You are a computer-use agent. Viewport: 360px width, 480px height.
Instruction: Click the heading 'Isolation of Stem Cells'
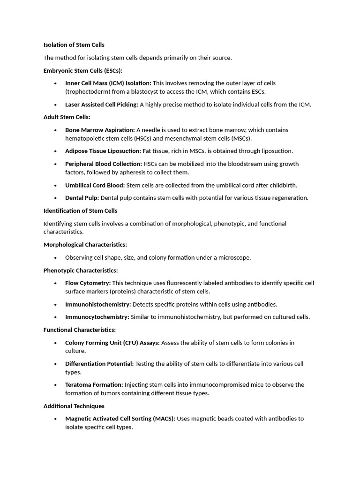tap(74, 45)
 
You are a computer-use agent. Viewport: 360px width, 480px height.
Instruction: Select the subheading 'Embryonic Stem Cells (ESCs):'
tap(82, 70)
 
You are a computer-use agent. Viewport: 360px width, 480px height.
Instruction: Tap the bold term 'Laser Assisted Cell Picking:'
tap(101, 105)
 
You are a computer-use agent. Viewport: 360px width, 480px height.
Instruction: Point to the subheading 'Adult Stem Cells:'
tap(67, 117)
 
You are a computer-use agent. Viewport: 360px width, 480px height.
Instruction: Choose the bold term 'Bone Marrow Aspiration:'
tap(99, 130)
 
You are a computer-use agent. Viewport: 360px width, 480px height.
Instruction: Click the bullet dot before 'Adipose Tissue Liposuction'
tap(55, 151)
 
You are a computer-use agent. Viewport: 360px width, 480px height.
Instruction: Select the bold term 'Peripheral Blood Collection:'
tap(103, 164)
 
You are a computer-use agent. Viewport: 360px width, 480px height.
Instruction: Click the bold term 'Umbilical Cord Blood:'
tap(95, 185)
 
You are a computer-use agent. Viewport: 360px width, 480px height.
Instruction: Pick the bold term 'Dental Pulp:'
tap(82, 198)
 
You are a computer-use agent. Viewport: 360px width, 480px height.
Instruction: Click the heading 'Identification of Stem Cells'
tap(80, 211)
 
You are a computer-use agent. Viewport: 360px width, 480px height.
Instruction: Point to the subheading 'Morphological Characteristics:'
tap(85, 245)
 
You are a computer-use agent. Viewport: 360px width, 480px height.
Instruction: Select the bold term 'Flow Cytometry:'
tap(88, 283)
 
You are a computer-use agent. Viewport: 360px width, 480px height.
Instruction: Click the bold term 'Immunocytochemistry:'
tap(97, 317)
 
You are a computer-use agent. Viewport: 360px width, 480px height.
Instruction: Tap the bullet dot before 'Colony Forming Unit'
tap(55, 343)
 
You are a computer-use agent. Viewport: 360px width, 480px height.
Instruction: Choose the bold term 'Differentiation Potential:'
tap(99, 364)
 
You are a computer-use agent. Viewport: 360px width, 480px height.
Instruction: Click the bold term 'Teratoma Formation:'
tap(94, 385)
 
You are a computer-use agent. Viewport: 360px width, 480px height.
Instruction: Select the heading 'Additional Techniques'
tap(74, 406)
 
